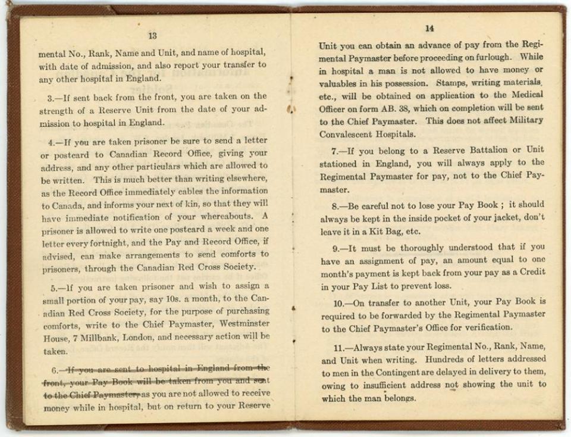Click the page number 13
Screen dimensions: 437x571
152,36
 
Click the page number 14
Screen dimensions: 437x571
430,29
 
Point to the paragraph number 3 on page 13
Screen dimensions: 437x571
52,96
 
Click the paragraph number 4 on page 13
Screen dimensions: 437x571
52,143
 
